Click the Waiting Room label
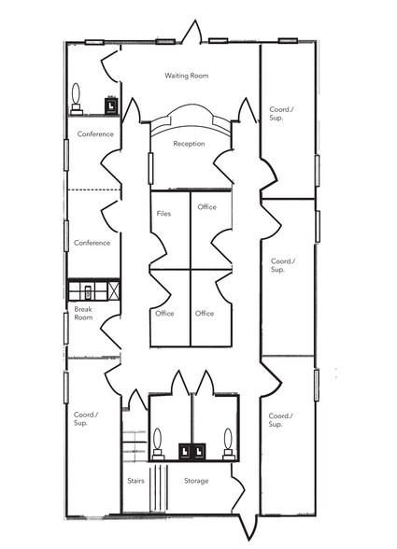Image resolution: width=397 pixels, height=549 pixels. [x=186, y=75]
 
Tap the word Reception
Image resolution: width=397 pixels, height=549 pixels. [x=190, y=144]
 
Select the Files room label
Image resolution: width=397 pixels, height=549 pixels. [x=163, y=214]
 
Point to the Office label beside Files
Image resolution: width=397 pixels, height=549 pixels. [x=207, y=207]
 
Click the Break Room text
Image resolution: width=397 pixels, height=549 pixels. [x=83, y=313]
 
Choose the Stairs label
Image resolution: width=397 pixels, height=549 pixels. [x=135, y=481]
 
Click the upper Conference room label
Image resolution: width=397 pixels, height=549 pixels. [x=94, y=134]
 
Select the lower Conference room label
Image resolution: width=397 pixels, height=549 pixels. [x=92, y=243]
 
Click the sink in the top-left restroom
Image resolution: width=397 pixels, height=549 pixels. [x=110, y=106]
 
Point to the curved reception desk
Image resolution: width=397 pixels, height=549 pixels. [x=191, y=119]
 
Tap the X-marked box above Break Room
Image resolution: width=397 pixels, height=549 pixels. [x=112, y=290]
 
